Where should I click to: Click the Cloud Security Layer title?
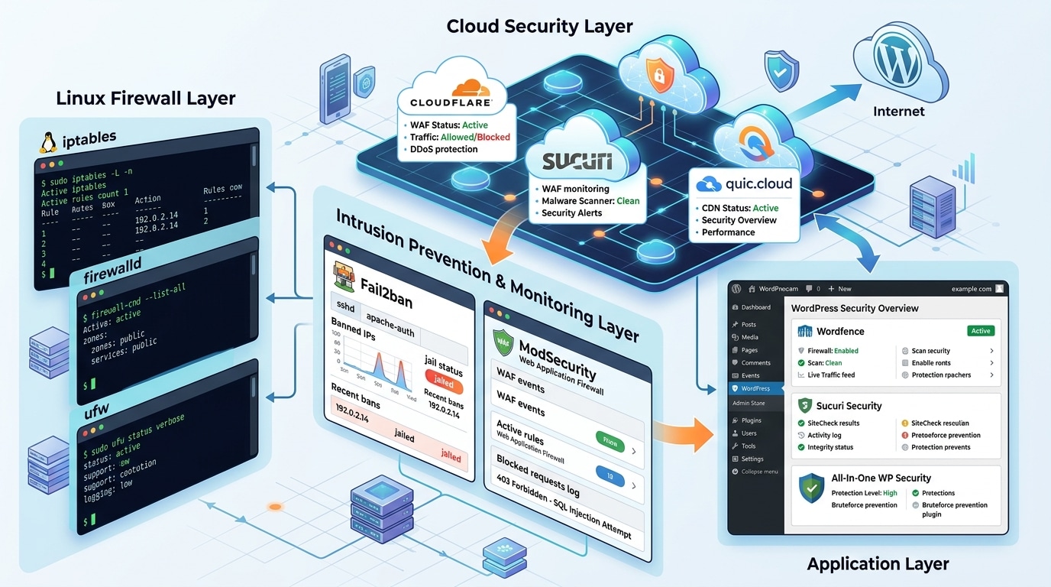coord(539,26)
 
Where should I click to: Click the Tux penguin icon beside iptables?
coord(49,143)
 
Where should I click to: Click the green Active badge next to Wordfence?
coord(980,331)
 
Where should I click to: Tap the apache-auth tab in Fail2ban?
coord(389,322)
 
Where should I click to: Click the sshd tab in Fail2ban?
coord(345,307)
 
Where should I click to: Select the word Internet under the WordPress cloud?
coord(898,112)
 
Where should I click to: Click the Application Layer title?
coord(878,564)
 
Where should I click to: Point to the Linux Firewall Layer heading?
coord(145,98)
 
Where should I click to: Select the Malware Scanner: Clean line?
coord(590,201)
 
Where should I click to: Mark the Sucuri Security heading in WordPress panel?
coord(849,406)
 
